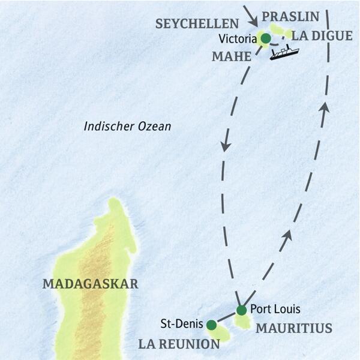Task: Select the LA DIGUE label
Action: point(322,36)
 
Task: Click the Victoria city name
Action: point(237,40)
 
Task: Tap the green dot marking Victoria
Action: point(265,39)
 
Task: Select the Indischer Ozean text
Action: point(128,127)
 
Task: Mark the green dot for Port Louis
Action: point(241,310)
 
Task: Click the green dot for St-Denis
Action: point(211,325)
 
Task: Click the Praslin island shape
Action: point(277,29)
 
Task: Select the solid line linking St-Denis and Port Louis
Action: point(226,317)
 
